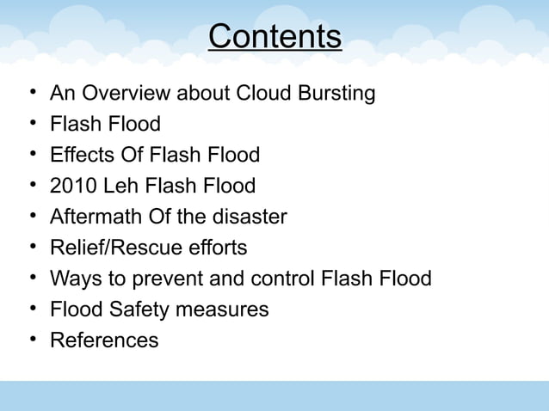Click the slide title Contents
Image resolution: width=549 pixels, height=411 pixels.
tap(274, 37)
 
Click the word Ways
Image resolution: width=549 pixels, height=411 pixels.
tap(72, 279)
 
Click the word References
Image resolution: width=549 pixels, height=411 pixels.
tap(104, 340)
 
